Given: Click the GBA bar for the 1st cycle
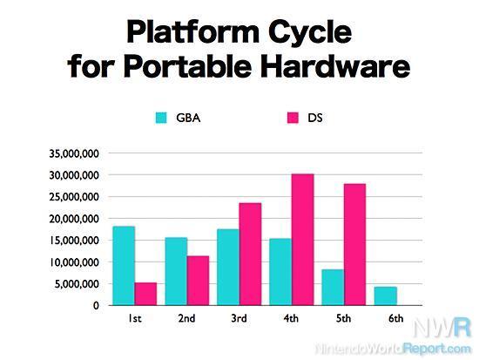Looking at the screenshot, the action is tap(124, 266).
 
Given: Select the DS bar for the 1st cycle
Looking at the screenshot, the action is tap(145, 294).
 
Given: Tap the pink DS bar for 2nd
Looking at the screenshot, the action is tap(198, 281).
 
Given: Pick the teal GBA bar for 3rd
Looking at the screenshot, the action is tap(228, 267).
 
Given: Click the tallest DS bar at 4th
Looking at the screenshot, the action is tap(303, 240).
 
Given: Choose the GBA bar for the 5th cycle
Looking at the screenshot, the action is tap(333, 287).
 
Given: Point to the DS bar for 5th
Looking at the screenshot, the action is tap(355, 244).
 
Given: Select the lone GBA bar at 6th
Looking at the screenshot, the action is tap(386, 296).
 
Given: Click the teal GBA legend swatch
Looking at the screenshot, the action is tap(161, 118).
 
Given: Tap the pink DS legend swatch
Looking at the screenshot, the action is tap(293, 118).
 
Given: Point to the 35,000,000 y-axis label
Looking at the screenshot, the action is tap(74, 153).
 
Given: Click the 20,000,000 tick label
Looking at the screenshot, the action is tap(74, 219).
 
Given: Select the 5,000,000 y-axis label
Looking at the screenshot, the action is tap(78, 284).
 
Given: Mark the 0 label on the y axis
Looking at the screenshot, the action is tap(96, 306).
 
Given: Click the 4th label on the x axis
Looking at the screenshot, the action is tap(291, 318).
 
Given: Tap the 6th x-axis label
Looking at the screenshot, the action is tap(396, 318).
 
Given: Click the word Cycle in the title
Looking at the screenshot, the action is tap(310, 32).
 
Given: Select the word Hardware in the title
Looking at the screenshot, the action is tap(334, 66).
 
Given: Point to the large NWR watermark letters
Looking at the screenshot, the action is tap(442, 328).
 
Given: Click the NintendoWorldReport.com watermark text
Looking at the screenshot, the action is tap(393, 349).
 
